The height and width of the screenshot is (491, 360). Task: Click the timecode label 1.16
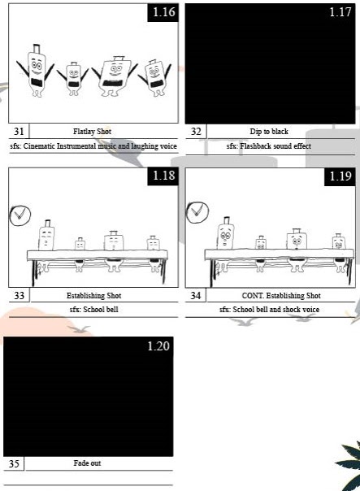pyautogui.click(x=163, y=12)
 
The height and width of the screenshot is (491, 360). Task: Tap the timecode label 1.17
pyautogui.click(x=340, y=12)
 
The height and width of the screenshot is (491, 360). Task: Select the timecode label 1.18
pyautogui.click(x=163, y=176)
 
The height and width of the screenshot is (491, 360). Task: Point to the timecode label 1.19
pyautogui.click(x=340, y=176)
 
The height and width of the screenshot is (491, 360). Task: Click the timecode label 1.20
pyautogui.click(x=158, y=346)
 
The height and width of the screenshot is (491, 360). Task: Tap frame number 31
pyautogui.click(x=19, y=131)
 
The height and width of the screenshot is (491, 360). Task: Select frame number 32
pyautogui.click(x=196, y=131)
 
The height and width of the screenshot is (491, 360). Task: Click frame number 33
pyautogui.click(x=19, y=295)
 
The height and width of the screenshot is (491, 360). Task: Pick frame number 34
pyautogui.click(x=196, y=295)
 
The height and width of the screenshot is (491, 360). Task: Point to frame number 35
pyautogui.click(x=14, y=463)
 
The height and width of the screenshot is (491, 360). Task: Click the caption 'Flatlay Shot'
pyautogui.click(x=92, y=132)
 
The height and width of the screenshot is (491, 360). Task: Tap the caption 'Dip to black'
pyautogui.click(x=269, y=132)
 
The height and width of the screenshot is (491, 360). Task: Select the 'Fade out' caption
pyautogui.click(x=87, y=463)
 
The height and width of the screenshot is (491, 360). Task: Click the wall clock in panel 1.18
pyautogui.click(x=20, y=215)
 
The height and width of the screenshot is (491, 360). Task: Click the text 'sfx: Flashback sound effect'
pyautogui.click(x=269, y=146)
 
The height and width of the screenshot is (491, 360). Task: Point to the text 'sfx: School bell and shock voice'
pyautogui.click(x=269, y=310)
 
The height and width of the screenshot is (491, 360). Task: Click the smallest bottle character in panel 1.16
pyautogui.click(x=73, y=79)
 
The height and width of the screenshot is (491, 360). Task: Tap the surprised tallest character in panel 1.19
pyautogui.click(x=226, y=233)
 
